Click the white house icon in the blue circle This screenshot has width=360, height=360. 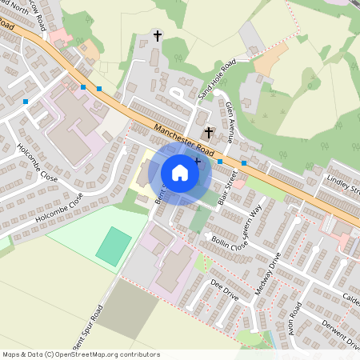pyautogui.click(x=180, y=172)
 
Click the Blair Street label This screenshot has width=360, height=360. pyautogui.click(x=226, y=190)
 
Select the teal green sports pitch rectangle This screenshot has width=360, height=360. pyautogui.click(x=113, y=245)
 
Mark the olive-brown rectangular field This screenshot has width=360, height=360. pyautogui.click(x=128, y=308)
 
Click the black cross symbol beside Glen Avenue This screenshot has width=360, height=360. pyautogui.click(x=209, y=132)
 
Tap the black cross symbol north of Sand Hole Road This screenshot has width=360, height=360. pyautogui.click(x=158, y=36)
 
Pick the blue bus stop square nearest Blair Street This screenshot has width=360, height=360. pyautogui.click(x=220, y=162)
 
